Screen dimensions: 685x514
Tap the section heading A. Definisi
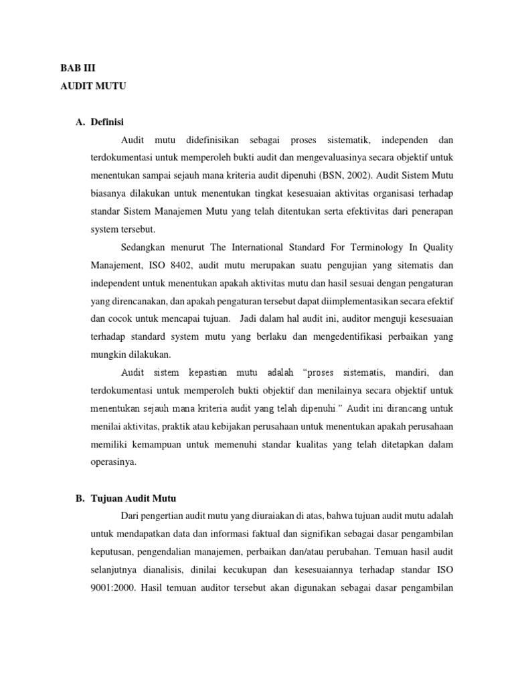(x=100, y=122)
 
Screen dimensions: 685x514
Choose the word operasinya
(x=112, y=461)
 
